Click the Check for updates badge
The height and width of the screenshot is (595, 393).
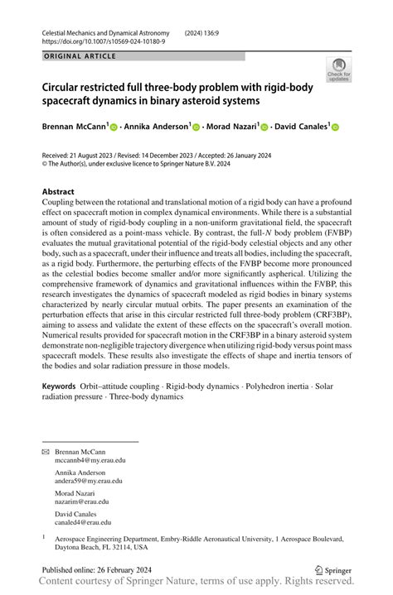(338, 70)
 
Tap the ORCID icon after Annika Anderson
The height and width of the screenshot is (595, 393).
(196, 127)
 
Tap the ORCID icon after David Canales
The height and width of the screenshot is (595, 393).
(336, 127)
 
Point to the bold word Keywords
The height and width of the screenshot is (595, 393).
(59, 386)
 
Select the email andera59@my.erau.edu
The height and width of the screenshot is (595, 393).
(89, 480)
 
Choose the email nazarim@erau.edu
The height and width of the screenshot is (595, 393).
(82, 501)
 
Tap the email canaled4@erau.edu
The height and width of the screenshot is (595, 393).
(83, 522)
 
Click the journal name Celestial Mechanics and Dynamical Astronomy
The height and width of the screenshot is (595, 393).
(110, 31)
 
